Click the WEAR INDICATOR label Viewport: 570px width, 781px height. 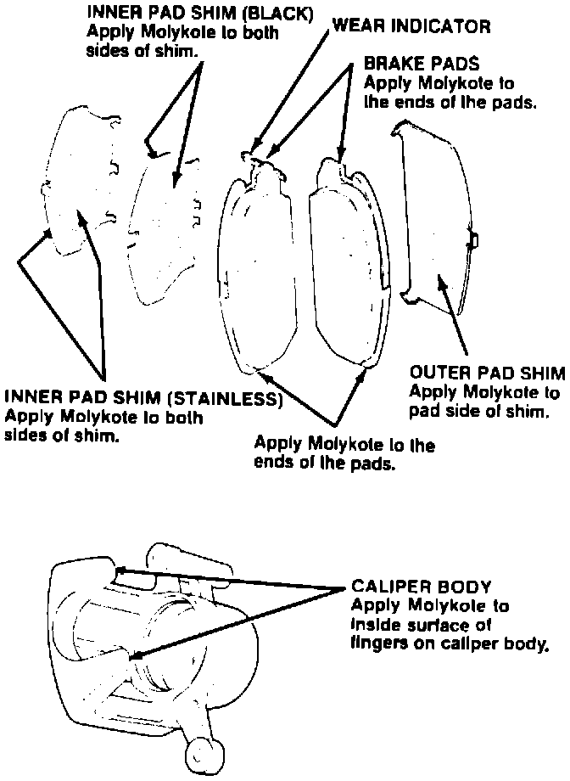pyautogui.click(x=411, y=25)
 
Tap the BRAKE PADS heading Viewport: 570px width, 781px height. pyautogui.click(x=422, y=64)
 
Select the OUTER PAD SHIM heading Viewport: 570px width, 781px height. pyautogui.click(x=486, y=374)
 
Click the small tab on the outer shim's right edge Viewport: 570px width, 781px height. pyautogui.click(x=475, y=241)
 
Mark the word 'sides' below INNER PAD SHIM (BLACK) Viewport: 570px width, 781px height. pyautogui.click(x=107, y=49)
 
